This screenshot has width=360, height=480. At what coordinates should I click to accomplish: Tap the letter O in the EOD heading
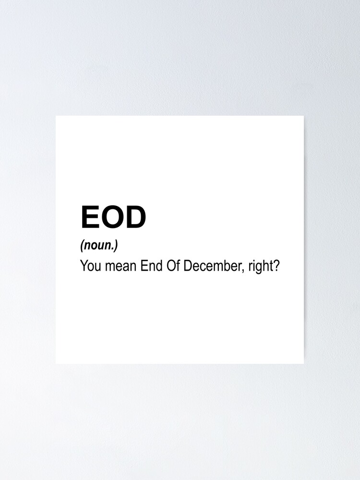point(111,217)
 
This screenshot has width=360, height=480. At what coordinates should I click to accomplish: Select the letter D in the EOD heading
point(135,217)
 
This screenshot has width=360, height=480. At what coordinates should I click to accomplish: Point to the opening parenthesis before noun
point(82,246)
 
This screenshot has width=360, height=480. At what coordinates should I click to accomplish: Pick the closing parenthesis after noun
point(116,246)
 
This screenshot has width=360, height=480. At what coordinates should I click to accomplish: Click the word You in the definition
point(91,266)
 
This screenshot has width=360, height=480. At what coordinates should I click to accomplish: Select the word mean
point(120,266)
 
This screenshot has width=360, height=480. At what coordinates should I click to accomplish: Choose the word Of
point(173,266)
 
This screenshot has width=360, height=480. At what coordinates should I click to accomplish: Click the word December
point(212,266)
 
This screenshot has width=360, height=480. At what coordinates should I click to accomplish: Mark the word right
point(260,266)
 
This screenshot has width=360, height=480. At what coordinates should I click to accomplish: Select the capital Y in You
point(84,266)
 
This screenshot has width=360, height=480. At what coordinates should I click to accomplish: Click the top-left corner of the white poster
point(56,116)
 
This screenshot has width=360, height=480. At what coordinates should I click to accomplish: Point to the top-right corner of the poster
point(304,116)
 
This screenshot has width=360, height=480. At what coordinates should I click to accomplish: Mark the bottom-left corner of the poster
point(56,364)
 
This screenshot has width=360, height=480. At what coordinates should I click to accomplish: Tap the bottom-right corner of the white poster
point(304,364)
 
